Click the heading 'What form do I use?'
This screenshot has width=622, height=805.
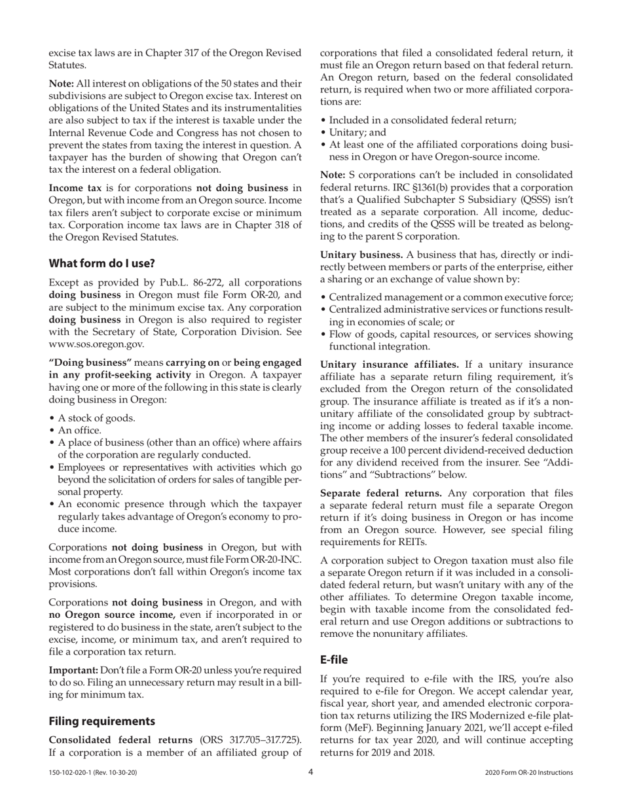(x=101, y=263)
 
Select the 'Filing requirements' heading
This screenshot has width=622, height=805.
(x=101, y=721)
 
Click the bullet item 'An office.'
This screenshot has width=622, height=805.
(x=79, y=430)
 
